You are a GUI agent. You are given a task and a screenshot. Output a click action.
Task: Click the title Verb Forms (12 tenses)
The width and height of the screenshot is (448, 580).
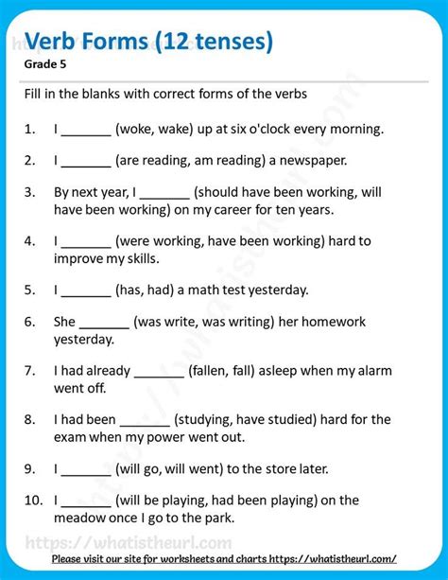pyautogui.click(x=149, y=42)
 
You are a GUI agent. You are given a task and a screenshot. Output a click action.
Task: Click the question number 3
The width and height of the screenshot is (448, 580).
pyautogui.click(x=31, y=191)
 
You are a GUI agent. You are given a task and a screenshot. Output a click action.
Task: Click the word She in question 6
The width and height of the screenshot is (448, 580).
pyautogui.click(x=64, y=321)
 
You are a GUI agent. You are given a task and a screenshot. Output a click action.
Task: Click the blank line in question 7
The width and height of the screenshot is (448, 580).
pyautogui.click(x=159, y=370)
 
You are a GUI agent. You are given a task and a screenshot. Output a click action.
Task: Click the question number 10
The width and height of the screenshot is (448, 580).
pyautogui.click(x=33, y=501)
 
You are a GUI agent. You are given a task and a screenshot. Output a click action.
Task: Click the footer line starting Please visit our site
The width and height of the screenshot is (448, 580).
pyautogui.click(x=224, y=559)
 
